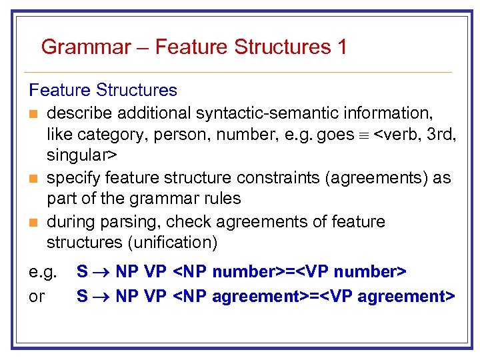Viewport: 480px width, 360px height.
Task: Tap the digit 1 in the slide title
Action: pyautogui.click(x=342, y=47)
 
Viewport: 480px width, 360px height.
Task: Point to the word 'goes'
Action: pyautogui.click(x=335, y=135)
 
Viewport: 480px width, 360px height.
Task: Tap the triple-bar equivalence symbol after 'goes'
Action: pyautogui.click(x=363, y=135)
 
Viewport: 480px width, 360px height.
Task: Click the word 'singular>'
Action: pyautogui.click(x=81, y=156)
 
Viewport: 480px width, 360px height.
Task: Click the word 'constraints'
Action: pyautogui.click(x=261, y=179)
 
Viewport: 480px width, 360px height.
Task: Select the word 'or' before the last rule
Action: pyautogui.click(x=37, y=295)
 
